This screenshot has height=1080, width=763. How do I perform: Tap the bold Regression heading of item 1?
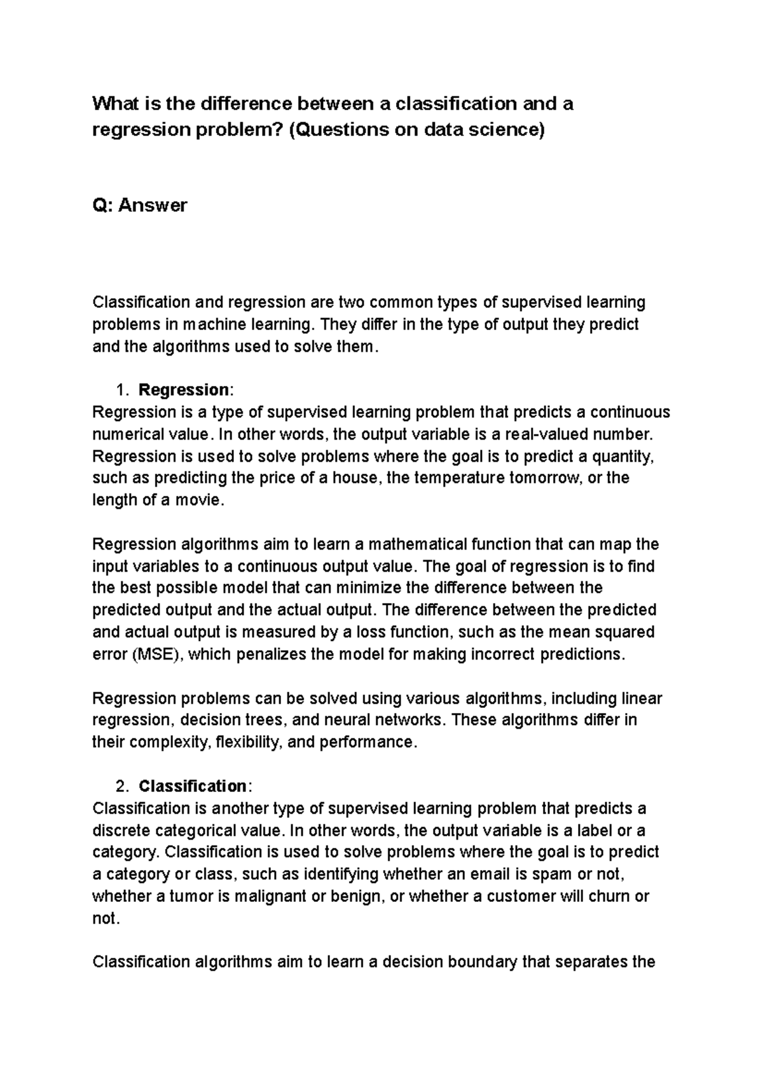click(x=184, y=390)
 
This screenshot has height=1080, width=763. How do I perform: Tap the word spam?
click(x=546, y=875)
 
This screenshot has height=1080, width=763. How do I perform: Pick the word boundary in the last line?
click(x=483, y=962)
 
